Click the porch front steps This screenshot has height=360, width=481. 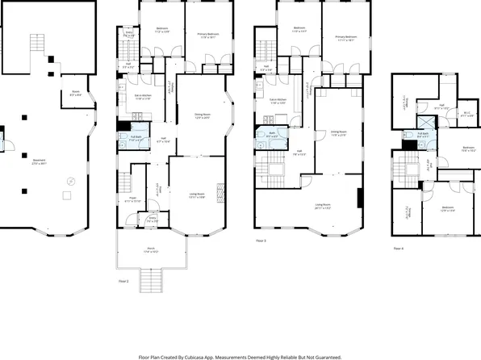pyautogui.click(x=151, y=278)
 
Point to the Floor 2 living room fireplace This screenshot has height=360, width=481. pyautogui.click(x=224, y=195)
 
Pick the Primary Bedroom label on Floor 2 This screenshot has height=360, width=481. pyautogui.click(x=209, y=35)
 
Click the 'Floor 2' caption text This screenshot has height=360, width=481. pyautogui.click(x=123, y=281)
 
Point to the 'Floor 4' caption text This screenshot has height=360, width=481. pyautogui.click(x=398, y=249)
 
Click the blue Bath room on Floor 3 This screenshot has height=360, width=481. pyautogui.click(x=272, y=136)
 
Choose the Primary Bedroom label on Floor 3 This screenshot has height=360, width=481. pyautogui.click(x=346, y=38)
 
